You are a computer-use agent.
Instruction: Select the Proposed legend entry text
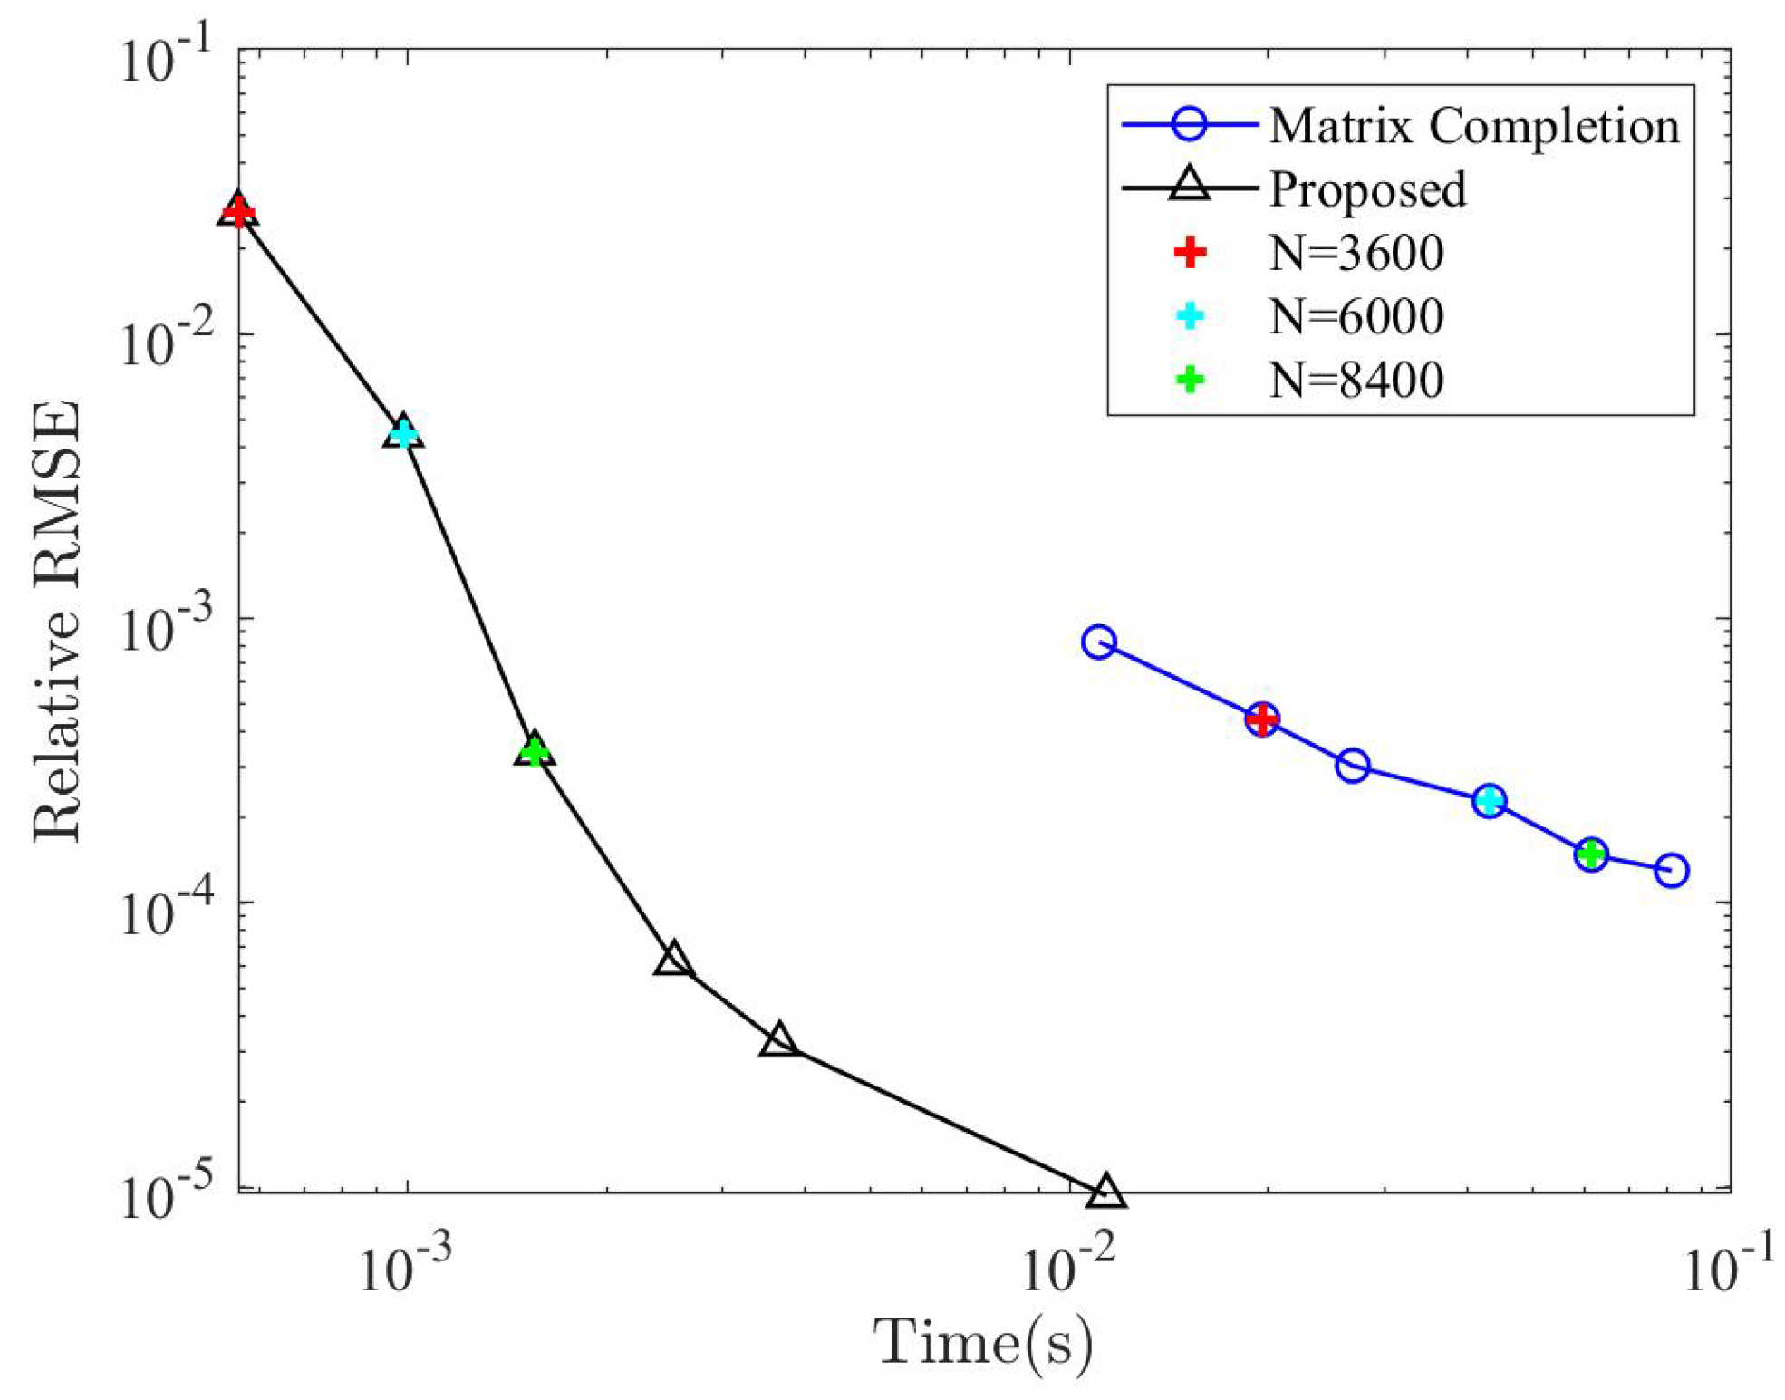coord(1366,188)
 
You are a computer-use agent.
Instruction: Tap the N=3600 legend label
coord(1356,253)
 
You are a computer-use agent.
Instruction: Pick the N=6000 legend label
coord(1356,316)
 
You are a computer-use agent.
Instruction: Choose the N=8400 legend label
coord(1356,380)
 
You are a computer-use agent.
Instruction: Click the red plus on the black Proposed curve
coord(237,212)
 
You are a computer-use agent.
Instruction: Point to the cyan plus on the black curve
coord(403,433)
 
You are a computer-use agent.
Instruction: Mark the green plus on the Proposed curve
coord(535,750)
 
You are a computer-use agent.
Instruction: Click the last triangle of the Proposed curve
coord(1105,1192)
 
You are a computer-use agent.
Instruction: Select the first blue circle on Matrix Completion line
coord(1098,642)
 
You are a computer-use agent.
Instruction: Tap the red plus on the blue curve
coord(1261,719)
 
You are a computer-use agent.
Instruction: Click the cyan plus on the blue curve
coord(1489,800)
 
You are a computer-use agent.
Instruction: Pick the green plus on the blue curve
coord(1591,853)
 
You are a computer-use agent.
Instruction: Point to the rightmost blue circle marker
coord(1671,870)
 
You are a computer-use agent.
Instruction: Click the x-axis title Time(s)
coord(983,1343)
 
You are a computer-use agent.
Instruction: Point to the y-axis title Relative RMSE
coord(56,622)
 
